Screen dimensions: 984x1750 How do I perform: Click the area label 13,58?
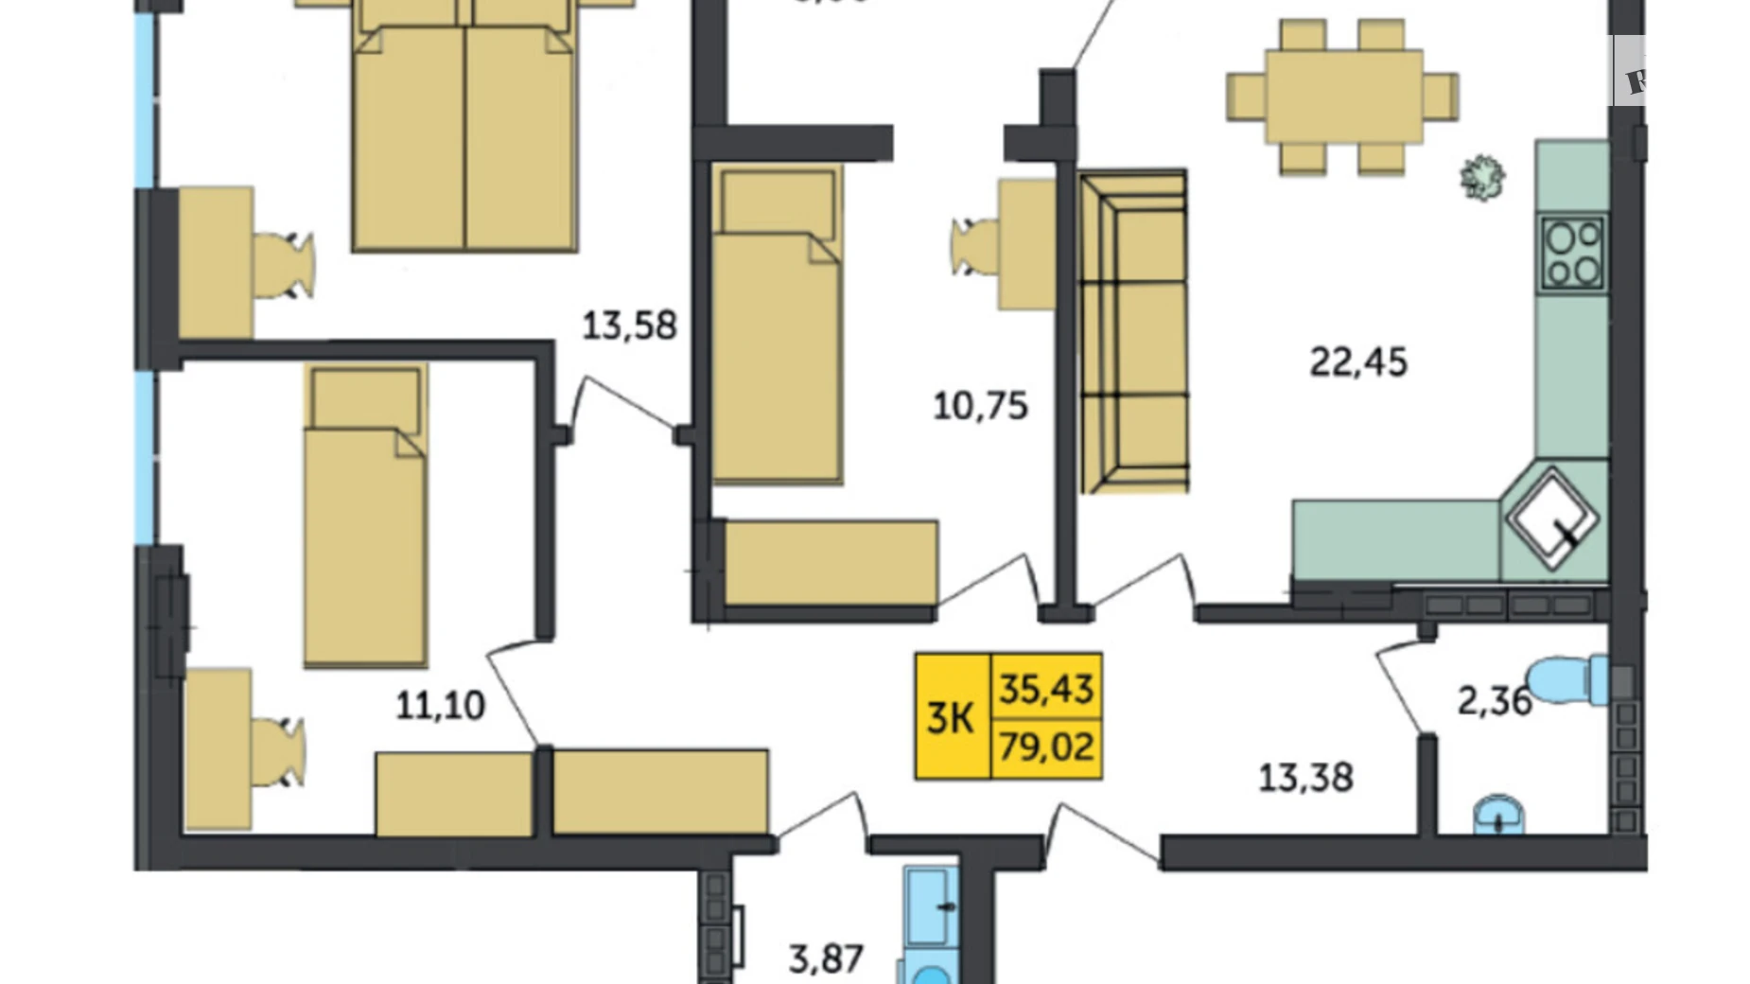[x=629, y=325]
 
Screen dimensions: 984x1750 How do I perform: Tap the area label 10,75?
[x=980, y=406]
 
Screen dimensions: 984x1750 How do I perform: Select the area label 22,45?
[x=1357, y=361]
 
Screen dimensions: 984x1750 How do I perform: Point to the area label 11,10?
[x=440, y=705]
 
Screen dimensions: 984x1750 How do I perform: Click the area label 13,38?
[x=1305, y=778]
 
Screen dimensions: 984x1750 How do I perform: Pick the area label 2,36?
[x=1494, y=701]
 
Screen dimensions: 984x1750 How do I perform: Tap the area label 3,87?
[x=826, y=958]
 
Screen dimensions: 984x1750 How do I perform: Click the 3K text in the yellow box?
[x=950, y=718]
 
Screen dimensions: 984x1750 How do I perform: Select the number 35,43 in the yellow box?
[x=1046, y=688]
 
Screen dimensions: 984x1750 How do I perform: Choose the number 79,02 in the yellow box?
[x=1046, y=747]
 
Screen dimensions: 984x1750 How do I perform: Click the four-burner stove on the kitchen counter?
[x=1572, y=253]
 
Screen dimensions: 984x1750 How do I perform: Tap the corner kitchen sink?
[x=1552, y=518]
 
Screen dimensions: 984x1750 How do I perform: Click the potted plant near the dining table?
[x=1481, y=177]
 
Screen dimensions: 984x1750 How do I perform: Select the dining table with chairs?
[x=1342, y=97]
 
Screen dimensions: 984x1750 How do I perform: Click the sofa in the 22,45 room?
[x=1134, y=331]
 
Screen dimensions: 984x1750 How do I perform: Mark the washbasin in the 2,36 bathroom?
[x=1498, y=815]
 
